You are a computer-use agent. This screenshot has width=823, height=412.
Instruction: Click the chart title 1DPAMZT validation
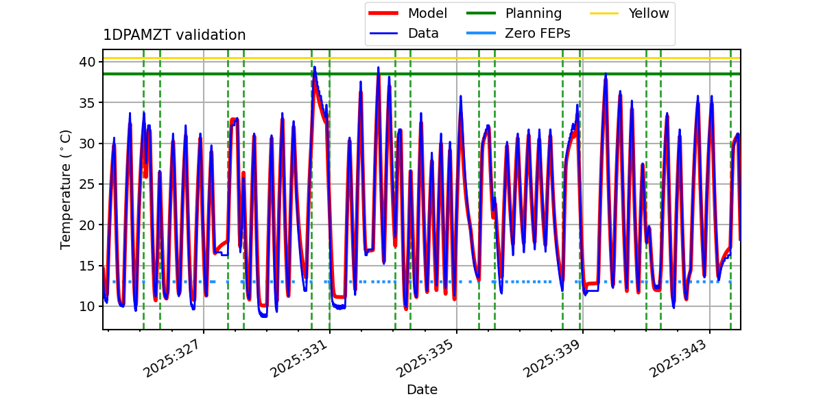point(174,35)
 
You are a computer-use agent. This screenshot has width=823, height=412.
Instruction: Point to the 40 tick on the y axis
point(87,62)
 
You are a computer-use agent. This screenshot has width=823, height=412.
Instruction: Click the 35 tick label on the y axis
point(87,103)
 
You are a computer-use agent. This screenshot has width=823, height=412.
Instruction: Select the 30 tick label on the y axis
point(87,144)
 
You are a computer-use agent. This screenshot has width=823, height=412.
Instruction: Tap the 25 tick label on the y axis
point(87,184)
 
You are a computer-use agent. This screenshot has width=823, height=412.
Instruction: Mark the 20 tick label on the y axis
point(87,225)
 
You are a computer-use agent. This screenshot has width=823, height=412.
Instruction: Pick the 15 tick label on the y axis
point(87,266)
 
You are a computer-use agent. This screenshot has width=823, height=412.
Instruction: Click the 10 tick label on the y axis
point(87,306)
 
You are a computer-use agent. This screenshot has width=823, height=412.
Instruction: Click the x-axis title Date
point(422,390)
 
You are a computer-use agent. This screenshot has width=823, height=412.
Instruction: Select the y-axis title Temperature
point(66,189)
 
